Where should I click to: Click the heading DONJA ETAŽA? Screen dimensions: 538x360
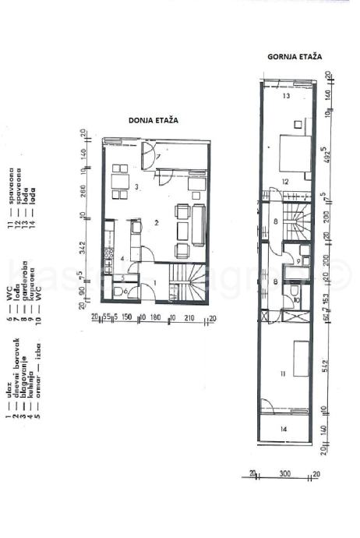[x=154, y=121]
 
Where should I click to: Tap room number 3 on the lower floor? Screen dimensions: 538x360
[x=136, y=186]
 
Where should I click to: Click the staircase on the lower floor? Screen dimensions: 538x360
[x=189, y=285]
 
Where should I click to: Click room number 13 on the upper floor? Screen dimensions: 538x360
[x=286, y=96]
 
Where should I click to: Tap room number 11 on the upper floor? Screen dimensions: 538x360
[x=282, y=375]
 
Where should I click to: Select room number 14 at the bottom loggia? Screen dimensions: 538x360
[x=283, y=429]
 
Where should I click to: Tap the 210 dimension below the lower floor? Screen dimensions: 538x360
[x=189, y=318]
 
